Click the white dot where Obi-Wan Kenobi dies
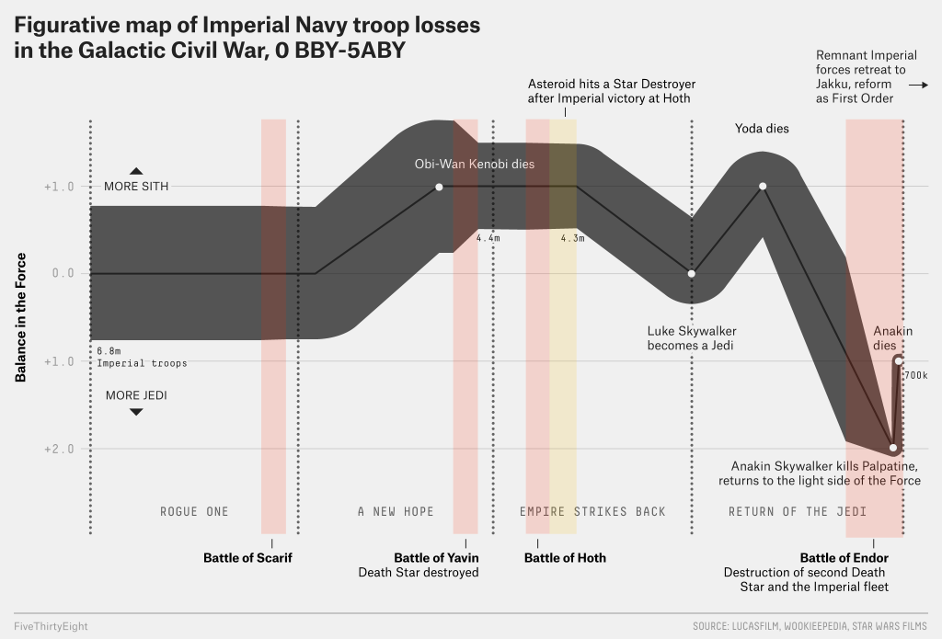[x=439, y=187]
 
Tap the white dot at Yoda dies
[x=763, y=187]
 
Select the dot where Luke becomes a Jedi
[x=692, y=273]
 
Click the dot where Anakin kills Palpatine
[x=892, y=448]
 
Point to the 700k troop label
[x=915, y=376]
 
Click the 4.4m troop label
[x=488, y=238]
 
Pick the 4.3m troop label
[x=572, y=238]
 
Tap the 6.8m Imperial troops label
[x=142, y=357]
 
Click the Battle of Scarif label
[x=247, y=558]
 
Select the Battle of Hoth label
[x=565, y=558]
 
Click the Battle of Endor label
[x=844, y=558]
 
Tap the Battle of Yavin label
[x=436, y=558]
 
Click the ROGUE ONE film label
[x=194, y=511]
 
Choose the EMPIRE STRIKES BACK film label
[x=592, y=511]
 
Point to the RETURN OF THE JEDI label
[x=798, y=511]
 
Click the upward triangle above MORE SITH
[x=136, y=170]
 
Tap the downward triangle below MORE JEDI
[x=136, y=411]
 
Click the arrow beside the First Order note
[x=917, y=84]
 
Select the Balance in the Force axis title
[x=19, y=317]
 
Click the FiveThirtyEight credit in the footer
[x=52, y=626]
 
